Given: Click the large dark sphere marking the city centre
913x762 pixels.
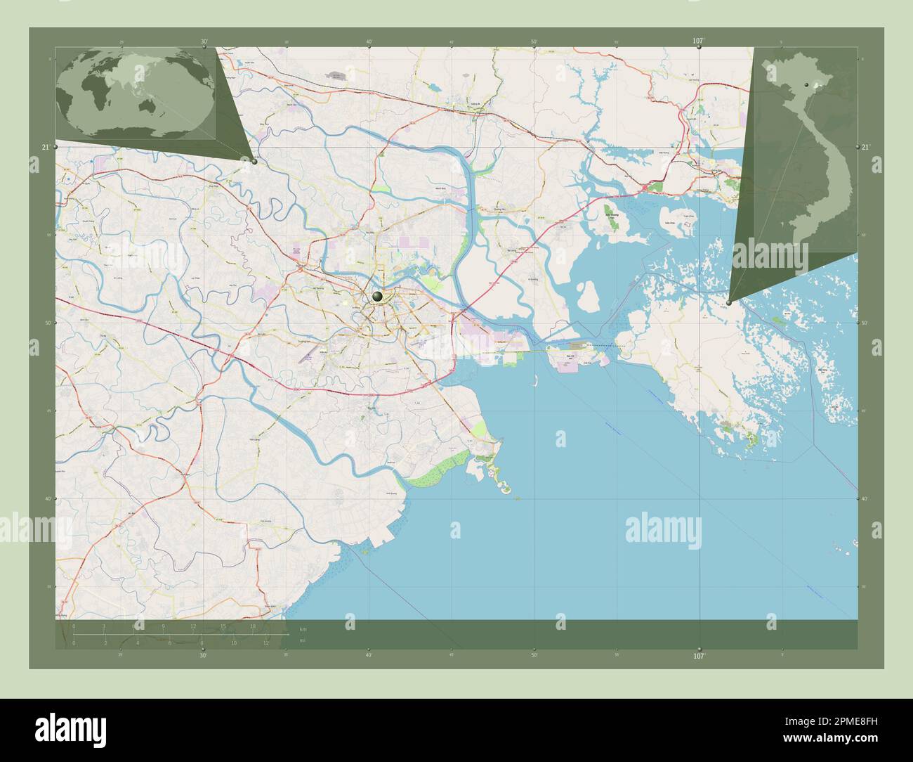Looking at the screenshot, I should pyautogui.click(x=378, y=297).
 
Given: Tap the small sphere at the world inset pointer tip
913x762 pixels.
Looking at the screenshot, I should pyautogui.click(x=254, y=161).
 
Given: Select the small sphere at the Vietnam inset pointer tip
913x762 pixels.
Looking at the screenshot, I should pyautogui.click(x=729, y=303).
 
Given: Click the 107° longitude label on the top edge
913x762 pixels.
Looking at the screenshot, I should pyautogui.click(x=698, y=41).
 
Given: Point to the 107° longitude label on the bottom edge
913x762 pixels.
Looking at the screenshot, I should pyautogui.click(x=699, y=656).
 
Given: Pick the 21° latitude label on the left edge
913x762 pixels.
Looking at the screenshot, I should pyautogui.click(x=46, y=147).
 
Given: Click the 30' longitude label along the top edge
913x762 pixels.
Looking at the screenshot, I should pyautogui.click(x=204, y=41).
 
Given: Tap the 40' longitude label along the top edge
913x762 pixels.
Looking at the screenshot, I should pyautogui.click(x=369, y=42).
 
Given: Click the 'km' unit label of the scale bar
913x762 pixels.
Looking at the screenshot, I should pyautogui.click(x=303, y=628).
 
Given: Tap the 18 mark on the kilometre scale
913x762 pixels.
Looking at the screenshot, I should pyautogui.click(x=253, y=626).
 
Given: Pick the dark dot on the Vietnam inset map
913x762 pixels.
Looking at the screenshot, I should pyautogui.click(x=808, y=85).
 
